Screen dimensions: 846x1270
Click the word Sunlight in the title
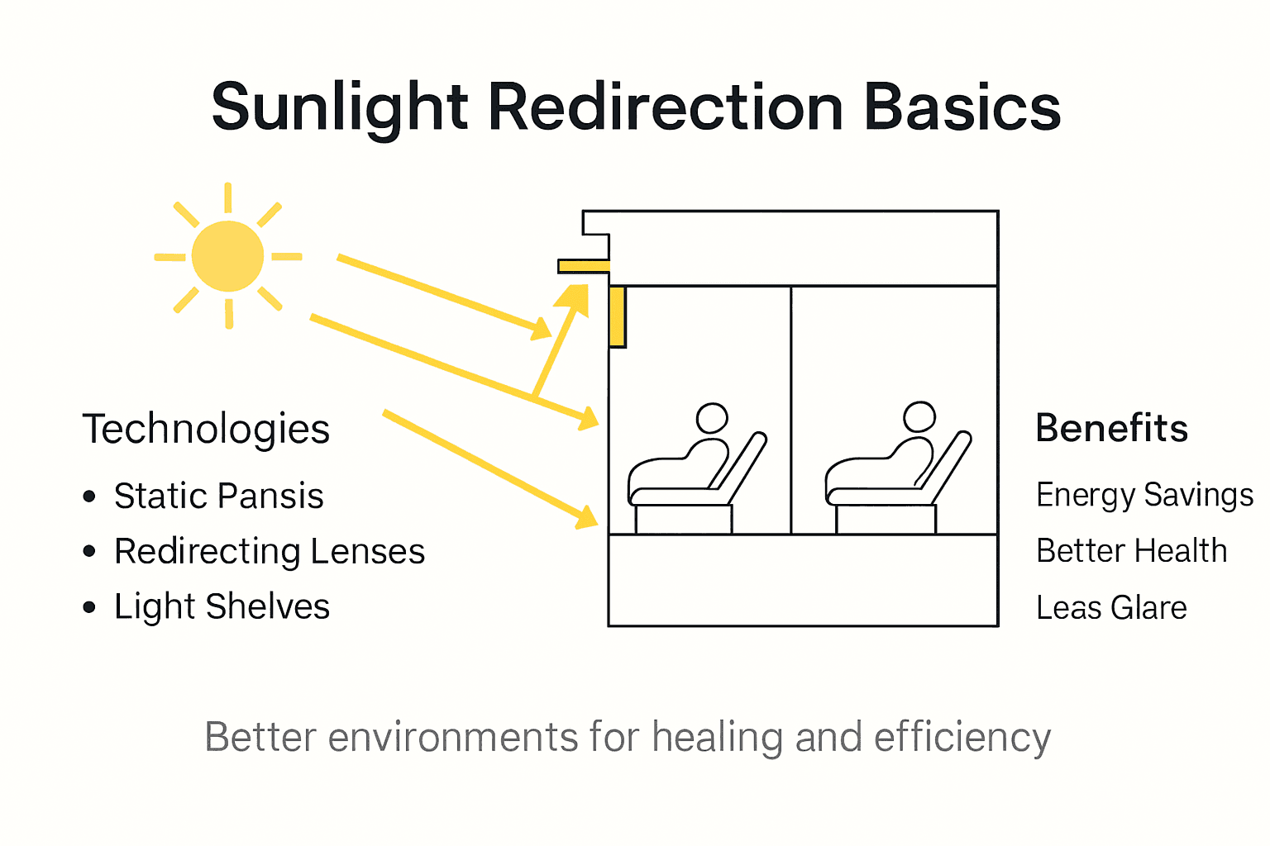[340, 108]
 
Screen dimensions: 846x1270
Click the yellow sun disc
[227, 256]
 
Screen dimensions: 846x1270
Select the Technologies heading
[206, 430]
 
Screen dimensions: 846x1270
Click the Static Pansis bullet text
[218, 497]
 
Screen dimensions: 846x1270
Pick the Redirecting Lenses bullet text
[270, 552]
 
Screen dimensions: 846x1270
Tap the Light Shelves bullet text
[222, 607]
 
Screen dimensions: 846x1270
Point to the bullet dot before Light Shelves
[90, 607]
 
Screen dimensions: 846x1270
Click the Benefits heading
[1111, 429]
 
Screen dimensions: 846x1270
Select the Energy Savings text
[1144, 496]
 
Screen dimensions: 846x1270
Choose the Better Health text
[1131, 551]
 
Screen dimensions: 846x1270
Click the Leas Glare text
[1111, 608]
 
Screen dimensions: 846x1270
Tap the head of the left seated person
[712, 418]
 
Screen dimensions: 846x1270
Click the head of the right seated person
[919, 416]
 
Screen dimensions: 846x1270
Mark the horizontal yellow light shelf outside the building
[584, 266]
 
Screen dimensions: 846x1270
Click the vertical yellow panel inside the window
[617, 316]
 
